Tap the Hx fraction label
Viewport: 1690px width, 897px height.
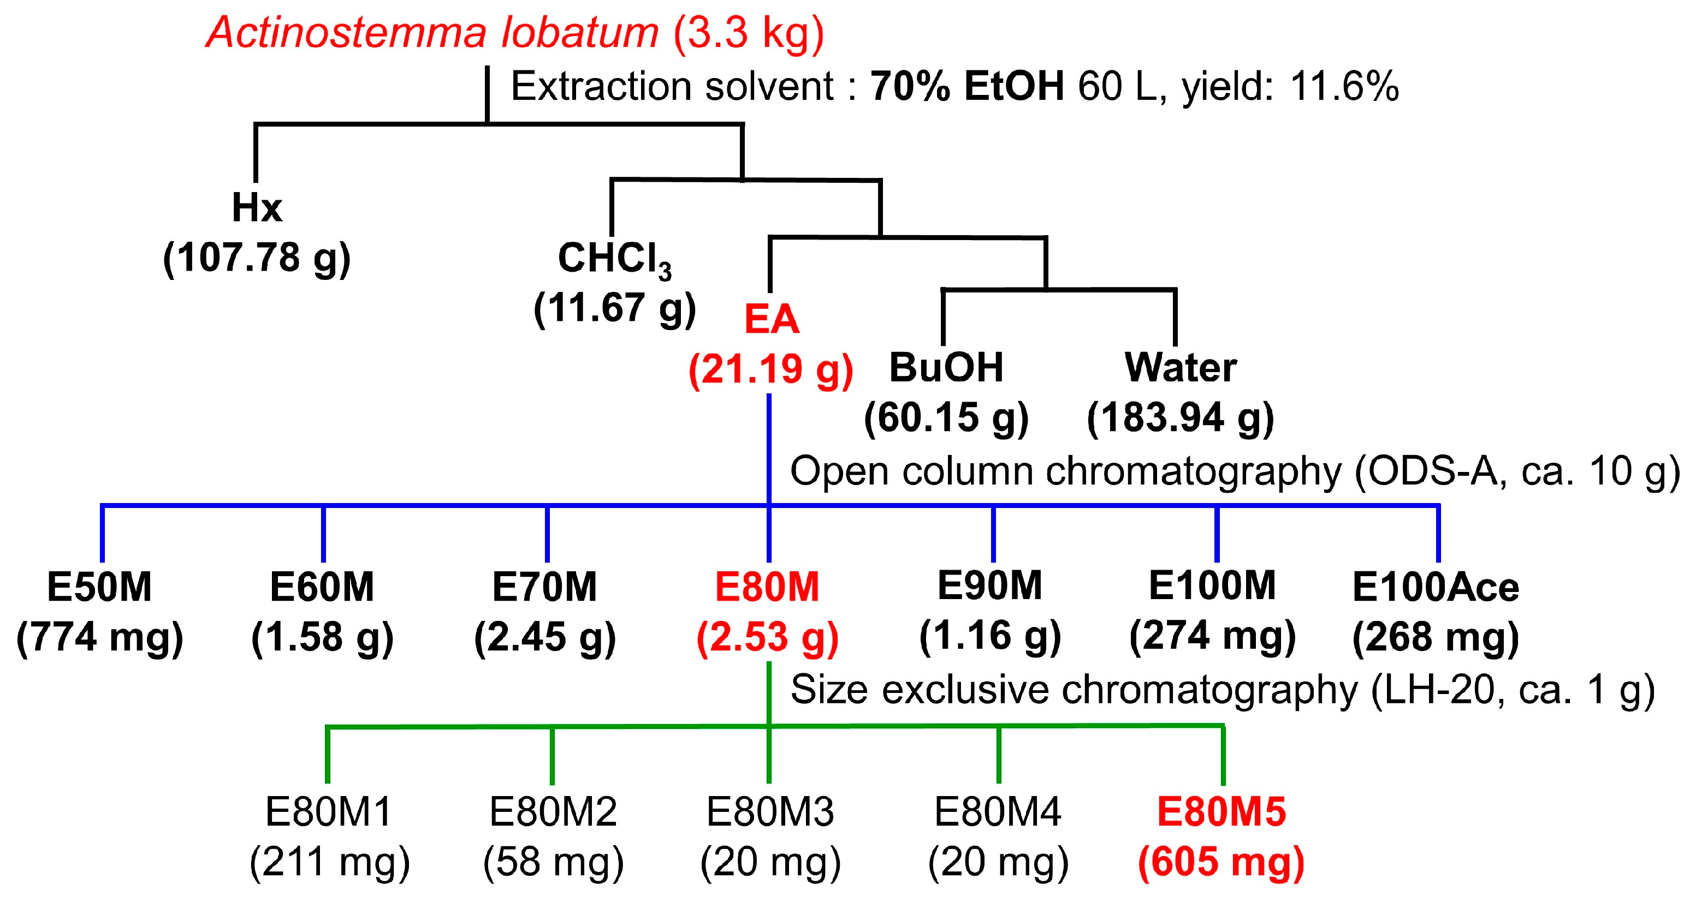(x=257, y=208)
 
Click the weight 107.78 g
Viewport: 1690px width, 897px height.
(x=257, y=258)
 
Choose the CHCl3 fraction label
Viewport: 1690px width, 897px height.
(x=615, y=258)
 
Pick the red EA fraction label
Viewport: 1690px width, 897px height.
(x=772, y=320)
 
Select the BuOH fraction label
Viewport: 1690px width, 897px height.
(x=946, y=367)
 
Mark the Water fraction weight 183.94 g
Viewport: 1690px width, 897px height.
(x=1180, y=417)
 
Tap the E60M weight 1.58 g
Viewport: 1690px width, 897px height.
(x=322, y=637)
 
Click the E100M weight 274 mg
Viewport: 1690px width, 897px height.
(x=1212, y=636)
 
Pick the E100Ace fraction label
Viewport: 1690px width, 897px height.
(x=1436, y=587)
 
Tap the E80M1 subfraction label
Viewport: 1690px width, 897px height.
(x=329, y=812)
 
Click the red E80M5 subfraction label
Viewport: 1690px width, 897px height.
(x=1221, y=812)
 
